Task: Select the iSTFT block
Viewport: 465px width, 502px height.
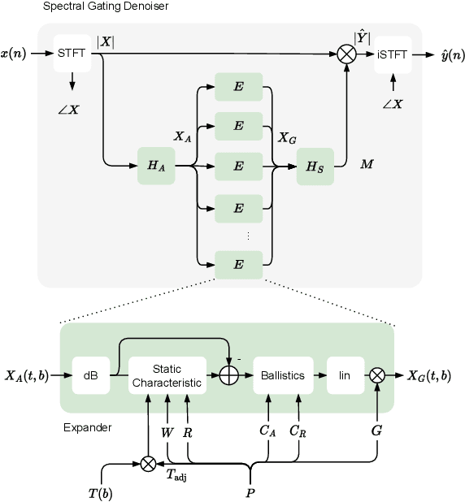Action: (392, 54)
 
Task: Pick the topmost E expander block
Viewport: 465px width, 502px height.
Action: (238, 87)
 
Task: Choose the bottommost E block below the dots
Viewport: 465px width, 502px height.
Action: (238, 266)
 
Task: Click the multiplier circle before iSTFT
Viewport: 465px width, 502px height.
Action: (347, 54)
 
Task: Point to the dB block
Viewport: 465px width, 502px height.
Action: (90, 375)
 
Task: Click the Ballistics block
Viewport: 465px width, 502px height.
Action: (283, 375)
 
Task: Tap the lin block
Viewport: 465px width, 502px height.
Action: (345, 375)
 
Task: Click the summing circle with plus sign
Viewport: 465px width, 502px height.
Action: (230, 375)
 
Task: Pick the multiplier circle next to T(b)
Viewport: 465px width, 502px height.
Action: (148, 463)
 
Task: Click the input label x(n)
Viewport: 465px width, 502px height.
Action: (16, 54)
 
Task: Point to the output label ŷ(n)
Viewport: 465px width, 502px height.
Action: (446, 54)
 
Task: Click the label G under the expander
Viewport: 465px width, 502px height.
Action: (376, 431)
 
